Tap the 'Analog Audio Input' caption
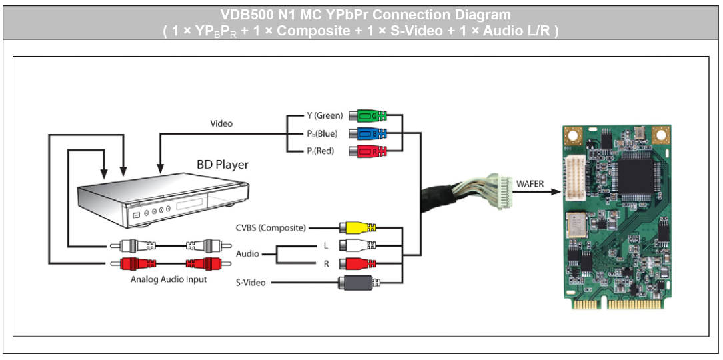[x=169, y=279]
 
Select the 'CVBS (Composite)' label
[x=271, y=228]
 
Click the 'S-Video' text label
[x=251, y=283]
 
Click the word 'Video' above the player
[x=221, y=123]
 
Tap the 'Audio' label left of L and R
[x=248, y=254]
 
